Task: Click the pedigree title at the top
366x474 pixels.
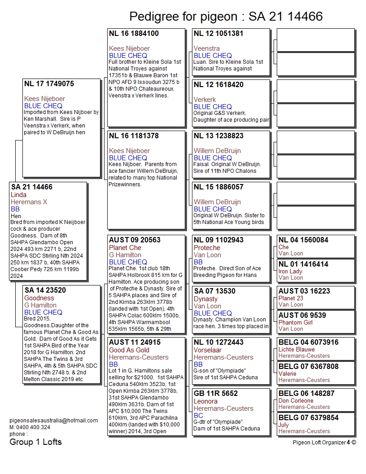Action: coord(226,17)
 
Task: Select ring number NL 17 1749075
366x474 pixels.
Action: coord(49,84)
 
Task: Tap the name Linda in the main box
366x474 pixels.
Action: coord(19,195)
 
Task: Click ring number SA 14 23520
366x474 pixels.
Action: coord(45,290)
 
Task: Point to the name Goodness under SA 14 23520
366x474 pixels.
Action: coord(39,298)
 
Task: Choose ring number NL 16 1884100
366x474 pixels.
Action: coord(134,34)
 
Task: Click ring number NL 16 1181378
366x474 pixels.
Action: coord(134,136)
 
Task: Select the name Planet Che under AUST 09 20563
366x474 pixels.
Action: coord(125,248)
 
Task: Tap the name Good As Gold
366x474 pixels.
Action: coord(129,350)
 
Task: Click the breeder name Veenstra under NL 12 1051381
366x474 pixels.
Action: coord(207,48)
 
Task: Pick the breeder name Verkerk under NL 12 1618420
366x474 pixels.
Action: coord(205,100)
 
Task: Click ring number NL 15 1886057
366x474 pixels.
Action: coord(218,187)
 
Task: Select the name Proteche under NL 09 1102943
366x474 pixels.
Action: coord(207,248)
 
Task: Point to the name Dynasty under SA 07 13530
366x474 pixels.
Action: coord(206,299)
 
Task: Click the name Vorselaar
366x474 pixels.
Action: coord(209,350)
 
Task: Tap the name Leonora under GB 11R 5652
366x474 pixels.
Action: coord(205,401)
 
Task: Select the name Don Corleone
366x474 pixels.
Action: coord(296,401)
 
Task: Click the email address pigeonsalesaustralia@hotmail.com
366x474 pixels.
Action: coord(53,421)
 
